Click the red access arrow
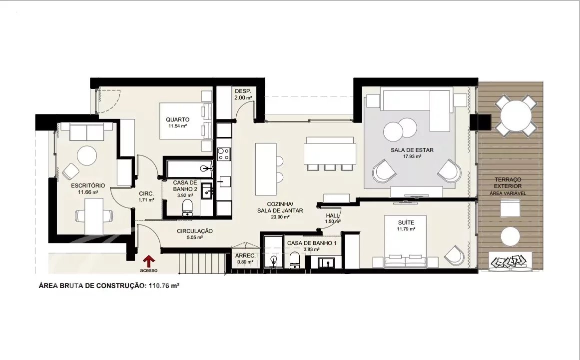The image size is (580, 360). click(x=149, y=261)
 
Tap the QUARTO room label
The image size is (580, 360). click(x=177, y=119)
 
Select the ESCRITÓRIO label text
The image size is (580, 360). click(x=88, y=185)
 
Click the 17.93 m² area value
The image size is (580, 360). click(x=413, y=156)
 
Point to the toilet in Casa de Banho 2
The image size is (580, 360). click(x=187, y=208)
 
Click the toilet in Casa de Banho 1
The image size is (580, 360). click(x=295, y=260)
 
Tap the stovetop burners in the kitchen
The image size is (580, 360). click(x=224, y=153)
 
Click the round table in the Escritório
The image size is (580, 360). click(x=87, y=156)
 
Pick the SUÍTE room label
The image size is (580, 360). click(x=406, y=222)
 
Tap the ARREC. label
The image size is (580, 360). click(x=245, y=255)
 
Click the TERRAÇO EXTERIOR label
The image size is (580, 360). click(x=508, y=182)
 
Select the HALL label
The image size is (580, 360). click(x=333, y=215)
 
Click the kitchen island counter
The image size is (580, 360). click(x=266, y=169)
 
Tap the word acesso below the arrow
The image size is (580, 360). click(x=149, y=270)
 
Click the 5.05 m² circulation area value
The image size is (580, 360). click(x=195, y=237)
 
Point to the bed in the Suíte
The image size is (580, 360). click(x=406, y=241)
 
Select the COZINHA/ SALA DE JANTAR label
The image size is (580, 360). click(x=280, y=207)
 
